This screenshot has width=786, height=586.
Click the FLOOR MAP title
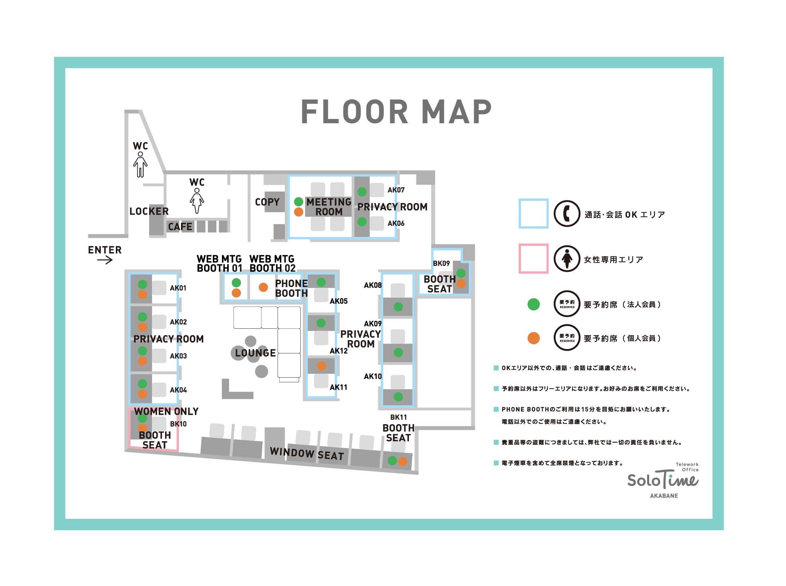point(396,112)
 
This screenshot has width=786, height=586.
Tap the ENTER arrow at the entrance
point(105,260)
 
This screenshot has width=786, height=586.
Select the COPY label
point(267,202)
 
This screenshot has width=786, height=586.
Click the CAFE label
point(180,227)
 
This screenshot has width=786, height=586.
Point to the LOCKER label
point(149,211)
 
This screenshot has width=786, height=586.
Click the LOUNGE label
point(255,353)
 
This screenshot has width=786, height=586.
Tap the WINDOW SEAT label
point(307,454)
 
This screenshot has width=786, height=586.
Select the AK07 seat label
point(396,190)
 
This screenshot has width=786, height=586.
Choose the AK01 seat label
point(178,288)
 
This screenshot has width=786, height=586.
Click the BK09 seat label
point(441,264)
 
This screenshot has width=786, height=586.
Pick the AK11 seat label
point(339,387)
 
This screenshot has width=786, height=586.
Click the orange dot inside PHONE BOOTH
point(263,287)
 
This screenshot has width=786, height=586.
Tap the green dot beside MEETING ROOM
point(299,202)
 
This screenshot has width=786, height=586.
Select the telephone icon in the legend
point(567,213)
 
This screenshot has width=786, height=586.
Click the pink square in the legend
point(533,259)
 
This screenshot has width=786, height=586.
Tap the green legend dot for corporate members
point(533,305)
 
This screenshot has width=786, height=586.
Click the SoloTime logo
point(663,480)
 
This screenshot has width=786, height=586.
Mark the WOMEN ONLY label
point(166,411)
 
